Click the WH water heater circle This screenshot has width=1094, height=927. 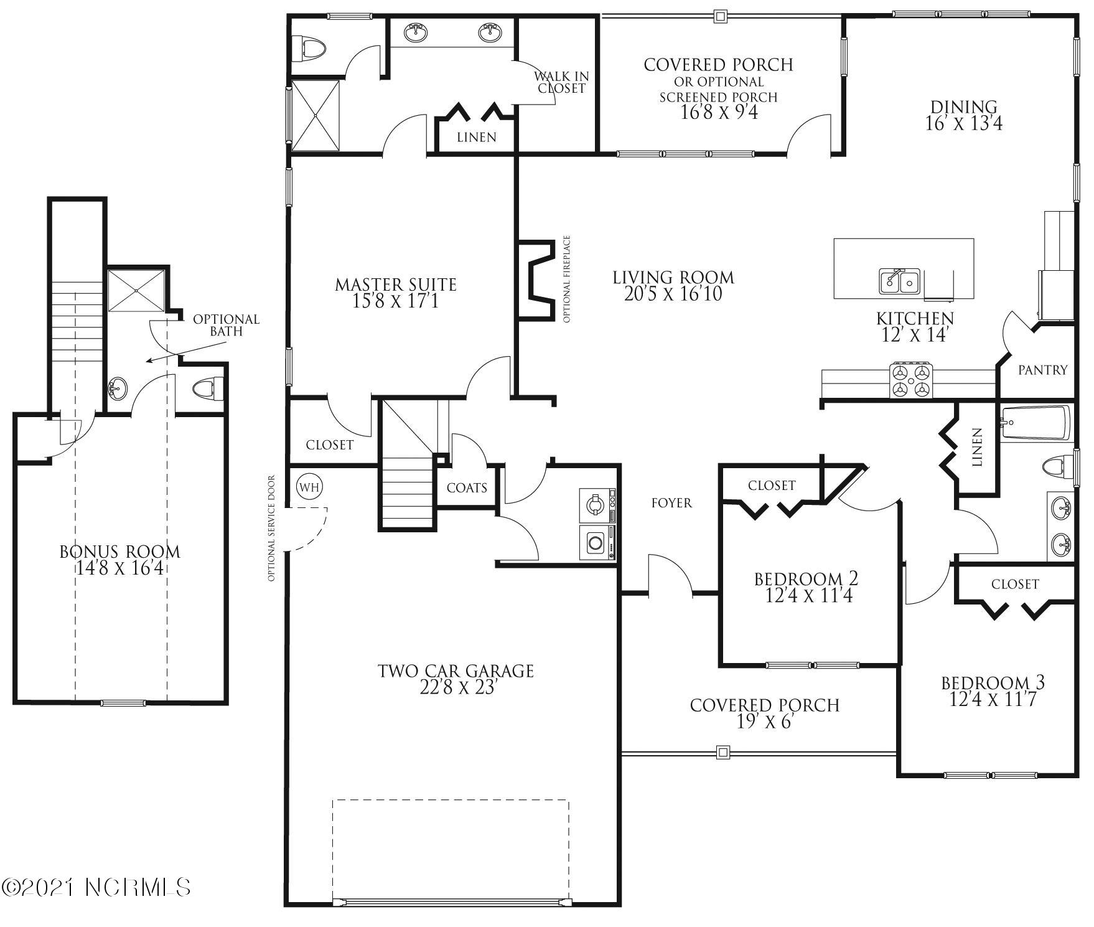pyautogui.click(x=309, y=487)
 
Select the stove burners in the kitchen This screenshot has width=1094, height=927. pyautogui.click(x=912, y=380)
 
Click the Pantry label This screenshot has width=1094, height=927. pyautogui.click(x=1043, y=370)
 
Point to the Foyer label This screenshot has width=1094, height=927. pyautogui.click(x=671, y=502)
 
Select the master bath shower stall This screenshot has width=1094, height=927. pyautogui.click(x=317, y=115)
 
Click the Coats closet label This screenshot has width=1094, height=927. pyautogui.click(x=467, y=487)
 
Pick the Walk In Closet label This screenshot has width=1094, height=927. pyautogui.click(x=561, y=82)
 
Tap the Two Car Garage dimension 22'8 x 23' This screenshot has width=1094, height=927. pyautogui.click(x=456, y=688)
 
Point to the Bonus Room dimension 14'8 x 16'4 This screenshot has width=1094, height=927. pyautogui.click(x=120, y=568)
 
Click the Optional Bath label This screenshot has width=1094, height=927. pyautogui.click(x=226, y=325)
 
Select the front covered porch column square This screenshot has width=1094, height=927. pyautogui.click(x=722, y=752)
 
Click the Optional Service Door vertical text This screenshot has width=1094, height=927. pyautogui.click(x=271, y=529)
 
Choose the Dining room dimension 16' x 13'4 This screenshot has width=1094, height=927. pyautogui.click(x=964, y=123)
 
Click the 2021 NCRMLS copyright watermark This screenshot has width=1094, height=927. pyautogui.click(x=96, y=887)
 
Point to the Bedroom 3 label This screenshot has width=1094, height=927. pyautogui.click(x=993, y=683)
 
